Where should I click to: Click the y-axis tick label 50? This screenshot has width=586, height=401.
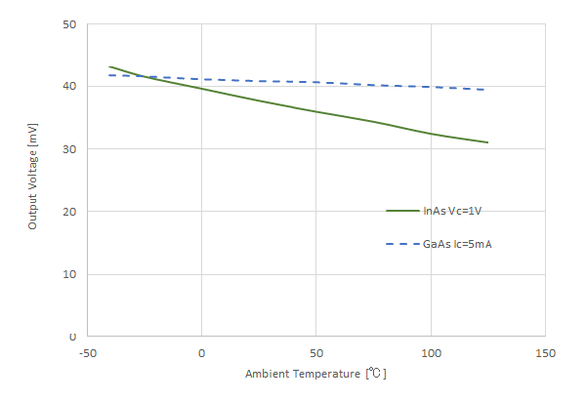click(x=69, y=24)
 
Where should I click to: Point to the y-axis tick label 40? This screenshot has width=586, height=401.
click(x=69, y=87)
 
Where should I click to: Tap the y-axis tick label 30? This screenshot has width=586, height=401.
click(x=69, y=149)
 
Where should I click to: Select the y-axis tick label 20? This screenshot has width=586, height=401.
click(x=69, y=212)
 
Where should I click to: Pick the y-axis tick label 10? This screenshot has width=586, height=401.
click(x=69, y=274)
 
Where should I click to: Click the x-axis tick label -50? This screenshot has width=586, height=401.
click(x=87, y=352)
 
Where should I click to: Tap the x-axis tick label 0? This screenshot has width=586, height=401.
click(x=201, y=352)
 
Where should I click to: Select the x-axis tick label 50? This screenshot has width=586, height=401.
click(x=315, y=352)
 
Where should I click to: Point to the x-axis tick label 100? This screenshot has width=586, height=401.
click(x=431, y=352)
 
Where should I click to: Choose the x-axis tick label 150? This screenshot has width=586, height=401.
click(x=545, y=352)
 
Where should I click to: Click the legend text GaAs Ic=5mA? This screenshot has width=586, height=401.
click(x=457, y=244)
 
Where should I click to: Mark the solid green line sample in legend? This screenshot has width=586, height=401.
click(x=402, y=211)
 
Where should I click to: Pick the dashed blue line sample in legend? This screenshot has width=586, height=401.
click(x=402, y=244)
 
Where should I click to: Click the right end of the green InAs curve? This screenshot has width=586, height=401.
click(x=487, y=142)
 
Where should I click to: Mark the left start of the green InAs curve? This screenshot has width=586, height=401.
click(x=109, y=66)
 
